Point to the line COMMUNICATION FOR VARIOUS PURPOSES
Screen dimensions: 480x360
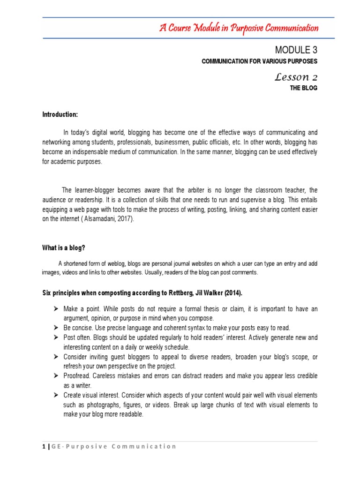point(259,61)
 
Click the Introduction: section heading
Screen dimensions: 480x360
point(60,115)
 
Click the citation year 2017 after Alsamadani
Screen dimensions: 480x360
point(123,219)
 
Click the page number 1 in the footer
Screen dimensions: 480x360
point(44,446)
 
